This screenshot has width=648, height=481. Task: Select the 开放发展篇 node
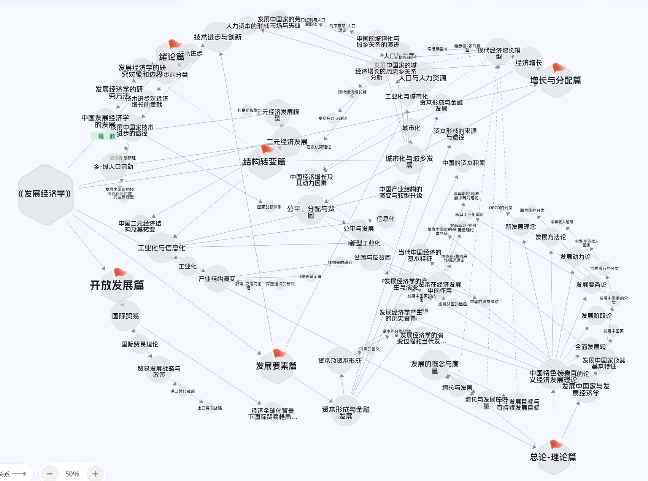tap(117, 285)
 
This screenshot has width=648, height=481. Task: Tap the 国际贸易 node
tap(125, 316)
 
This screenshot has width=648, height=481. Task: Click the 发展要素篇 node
tap(276, 366)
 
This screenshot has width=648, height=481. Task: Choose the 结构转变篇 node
tap(264, 162)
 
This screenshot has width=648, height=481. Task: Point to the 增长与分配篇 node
tap(555, 80)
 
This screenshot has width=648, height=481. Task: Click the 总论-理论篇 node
tap(553, 457)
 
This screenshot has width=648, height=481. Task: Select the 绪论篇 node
tap(172, 57)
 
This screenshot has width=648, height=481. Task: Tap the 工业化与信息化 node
tap(161, 248)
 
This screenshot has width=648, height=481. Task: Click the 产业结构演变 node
tap(217, 279)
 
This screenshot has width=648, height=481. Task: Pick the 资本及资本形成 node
tap(340, 360)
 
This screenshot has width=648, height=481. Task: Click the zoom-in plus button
tap(95, 474)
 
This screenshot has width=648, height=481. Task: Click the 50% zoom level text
tap(72, 474)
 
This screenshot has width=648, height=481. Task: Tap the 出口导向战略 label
tap(210, 408)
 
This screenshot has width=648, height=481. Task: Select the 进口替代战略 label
tap(183, 391)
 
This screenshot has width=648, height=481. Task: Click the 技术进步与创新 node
tap(218, 37)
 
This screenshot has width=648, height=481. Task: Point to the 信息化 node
tap(386, 219)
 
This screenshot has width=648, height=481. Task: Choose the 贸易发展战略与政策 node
tap(159, 371)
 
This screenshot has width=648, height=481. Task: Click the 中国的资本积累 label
tap(464, 163)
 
